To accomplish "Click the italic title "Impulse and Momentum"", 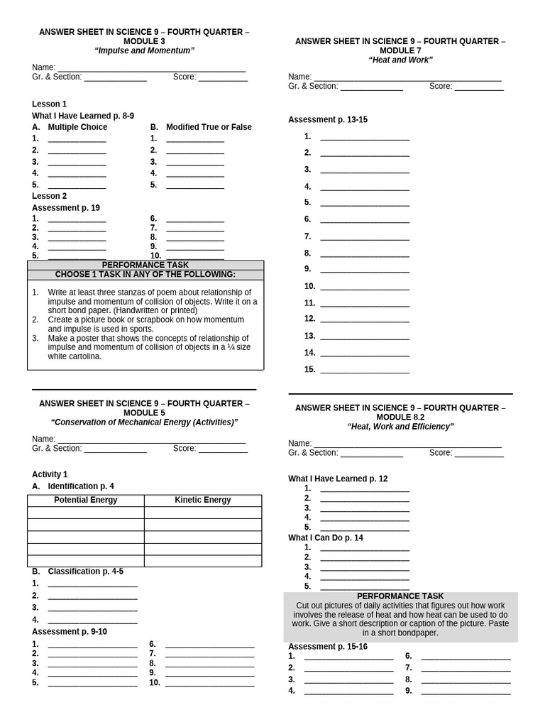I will pos(144,51).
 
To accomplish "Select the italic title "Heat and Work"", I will pos(400,60).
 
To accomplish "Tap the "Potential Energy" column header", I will pos(86,500).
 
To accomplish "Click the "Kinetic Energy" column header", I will pos(203,500).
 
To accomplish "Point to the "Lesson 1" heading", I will pos(49,104).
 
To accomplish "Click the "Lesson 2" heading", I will pos(49,196).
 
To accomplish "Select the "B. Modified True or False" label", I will pos(201,127).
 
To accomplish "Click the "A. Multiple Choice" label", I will pos(70,127).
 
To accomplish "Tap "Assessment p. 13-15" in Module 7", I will pos(328,119).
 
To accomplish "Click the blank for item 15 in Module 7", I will pos(365,370).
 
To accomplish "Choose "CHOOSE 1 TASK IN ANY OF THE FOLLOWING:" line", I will pos(145,275).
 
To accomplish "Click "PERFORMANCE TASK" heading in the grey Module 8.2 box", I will pos(400,596).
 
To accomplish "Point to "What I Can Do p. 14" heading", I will pos(325,537).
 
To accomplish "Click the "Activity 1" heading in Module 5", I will pos(50,474).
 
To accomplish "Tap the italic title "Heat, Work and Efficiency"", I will pos(400,427).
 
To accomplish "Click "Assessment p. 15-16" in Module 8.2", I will pos(328,647).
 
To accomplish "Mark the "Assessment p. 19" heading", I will pos(65,208).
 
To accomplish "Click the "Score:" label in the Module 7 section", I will pos(441,86).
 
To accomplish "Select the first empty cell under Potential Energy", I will pos(86,513).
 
